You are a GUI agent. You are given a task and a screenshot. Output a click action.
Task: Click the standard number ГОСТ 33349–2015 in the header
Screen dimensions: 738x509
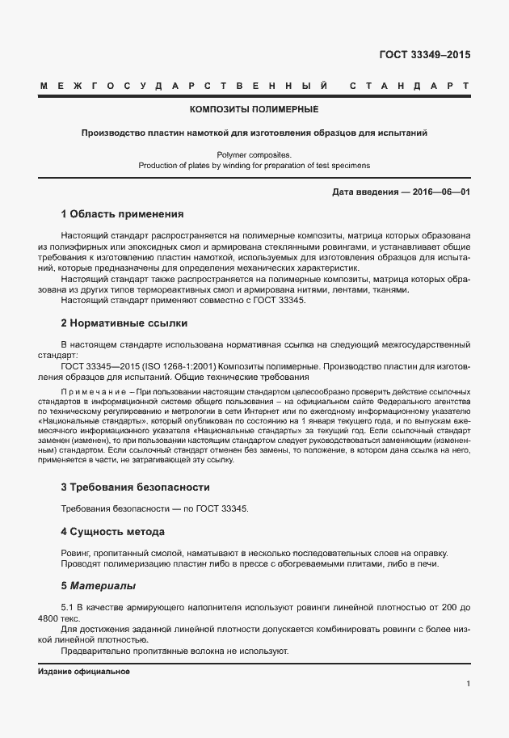(x=424, y=56)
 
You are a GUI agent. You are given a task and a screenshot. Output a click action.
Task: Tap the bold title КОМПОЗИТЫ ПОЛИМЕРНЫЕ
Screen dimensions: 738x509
(x=254, y=108)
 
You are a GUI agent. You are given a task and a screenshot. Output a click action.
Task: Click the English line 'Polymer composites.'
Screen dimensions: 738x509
(x=254, y=153)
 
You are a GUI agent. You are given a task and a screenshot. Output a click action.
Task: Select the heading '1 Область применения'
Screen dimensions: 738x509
(x=123, y=214)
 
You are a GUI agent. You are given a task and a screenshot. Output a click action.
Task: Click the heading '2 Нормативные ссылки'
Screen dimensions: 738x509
(x=124, y=323)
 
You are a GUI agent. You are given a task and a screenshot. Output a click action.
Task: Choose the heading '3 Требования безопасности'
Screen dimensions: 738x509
(x=136, y=487)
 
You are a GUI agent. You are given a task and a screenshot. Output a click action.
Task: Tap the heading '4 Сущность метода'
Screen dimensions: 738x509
(x=113, y=531)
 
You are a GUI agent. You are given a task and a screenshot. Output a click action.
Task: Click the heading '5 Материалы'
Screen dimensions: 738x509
(x=99, y=584)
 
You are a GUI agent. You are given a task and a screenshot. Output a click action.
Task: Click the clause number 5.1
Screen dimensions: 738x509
(x=68, y=605)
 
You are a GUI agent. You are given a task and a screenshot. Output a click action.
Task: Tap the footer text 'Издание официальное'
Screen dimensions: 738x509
(x=84, y=672)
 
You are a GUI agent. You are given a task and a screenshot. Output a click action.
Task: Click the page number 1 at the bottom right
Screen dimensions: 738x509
(x=468, y=684)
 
